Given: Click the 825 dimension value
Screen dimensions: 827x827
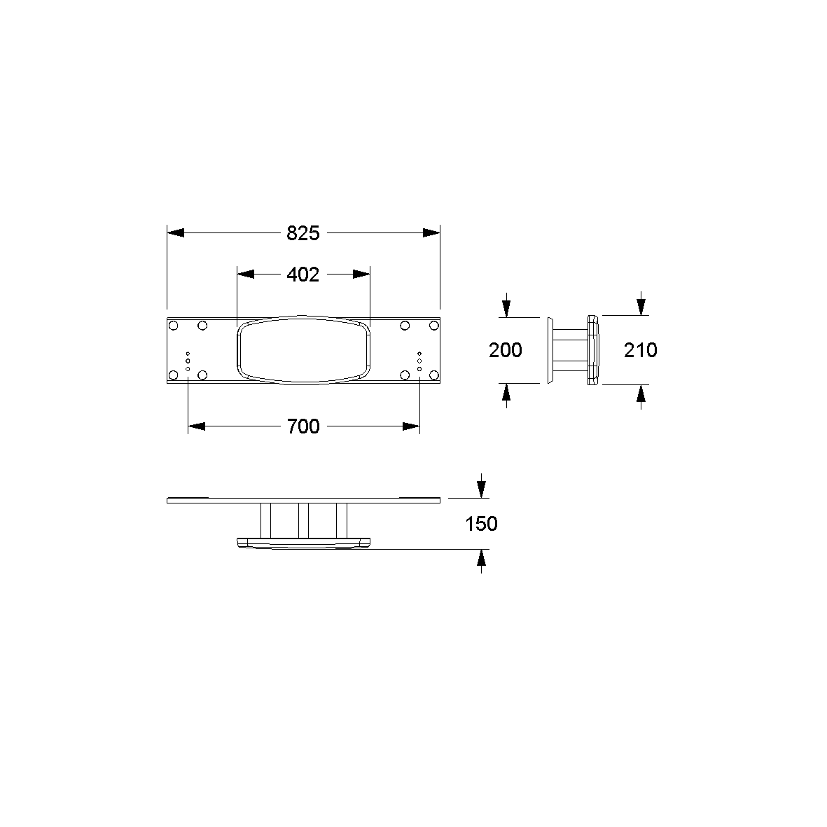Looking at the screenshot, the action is (303, 233).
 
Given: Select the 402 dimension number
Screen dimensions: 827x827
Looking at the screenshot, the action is (303, 274).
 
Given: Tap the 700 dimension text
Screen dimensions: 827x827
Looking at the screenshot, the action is (303, 426).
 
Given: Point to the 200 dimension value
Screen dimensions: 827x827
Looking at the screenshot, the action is (506, 350).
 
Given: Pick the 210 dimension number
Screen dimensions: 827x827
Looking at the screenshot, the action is (640, 350).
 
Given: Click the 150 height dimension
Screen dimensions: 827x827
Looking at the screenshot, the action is (481, 524).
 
